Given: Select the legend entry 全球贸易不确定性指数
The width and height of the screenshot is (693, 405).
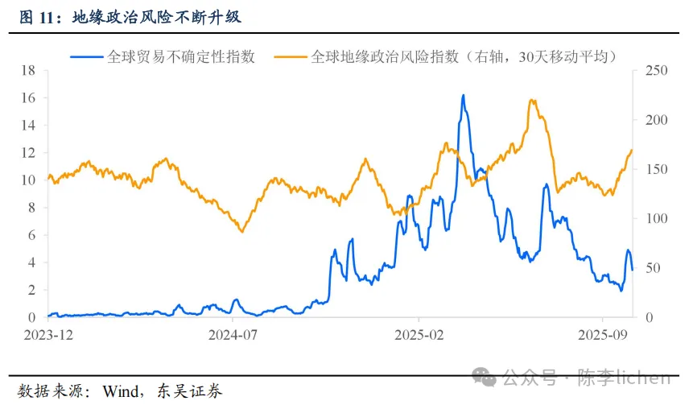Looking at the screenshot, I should point(180,56).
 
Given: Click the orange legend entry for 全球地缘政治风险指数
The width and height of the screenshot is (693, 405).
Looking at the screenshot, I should point(463,56).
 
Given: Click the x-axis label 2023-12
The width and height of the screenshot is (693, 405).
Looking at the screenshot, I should point(47,333).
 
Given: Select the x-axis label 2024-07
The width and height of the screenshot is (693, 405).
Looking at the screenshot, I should point(233,333).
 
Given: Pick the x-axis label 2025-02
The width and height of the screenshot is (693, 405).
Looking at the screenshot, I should point(419,333).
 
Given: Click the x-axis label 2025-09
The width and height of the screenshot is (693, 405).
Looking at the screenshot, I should point(603,333).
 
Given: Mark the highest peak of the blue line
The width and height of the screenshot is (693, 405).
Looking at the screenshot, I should point(464,95).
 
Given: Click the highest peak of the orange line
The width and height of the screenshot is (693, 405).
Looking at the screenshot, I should point(532,100).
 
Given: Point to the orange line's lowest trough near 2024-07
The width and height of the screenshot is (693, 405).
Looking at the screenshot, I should point(241,232).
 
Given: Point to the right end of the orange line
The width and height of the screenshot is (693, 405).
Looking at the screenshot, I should point(632,151).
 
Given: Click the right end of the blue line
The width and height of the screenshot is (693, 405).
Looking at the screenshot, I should point(633,270).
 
